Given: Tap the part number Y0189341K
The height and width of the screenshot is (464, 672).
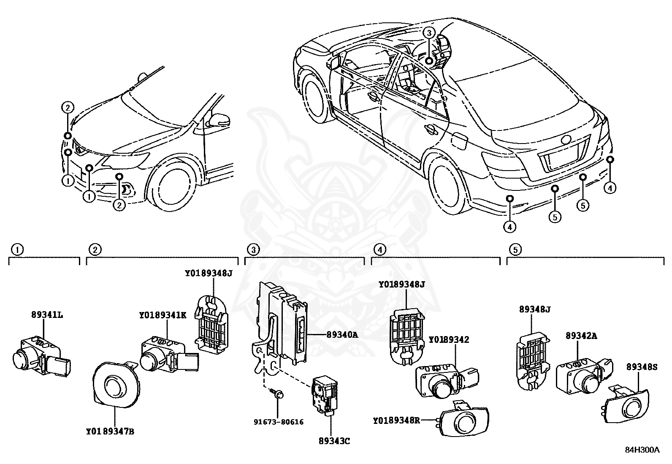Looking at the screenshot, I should click(163, 315).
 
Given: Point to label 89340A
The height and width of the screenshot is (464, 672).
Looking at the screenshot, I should click(342, 335).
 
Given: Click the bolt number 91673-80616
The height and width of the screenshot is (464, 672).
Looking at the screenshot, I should click(278, 422).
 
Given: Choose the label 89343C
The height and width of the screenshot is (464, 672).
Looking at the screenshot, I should click(335, 442).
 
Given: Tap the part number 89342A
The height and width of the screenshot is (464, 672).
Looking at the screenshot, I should click(581, 336).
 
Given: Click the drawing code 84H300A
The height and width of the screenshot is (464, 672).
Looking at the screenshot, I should click(642, 450).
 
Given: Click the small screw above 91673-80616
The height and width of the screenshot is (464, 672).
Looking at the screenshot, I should click(279, 394).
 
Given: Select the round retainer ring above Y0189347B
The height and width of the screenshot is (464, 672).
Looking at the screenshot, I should click(115, 384).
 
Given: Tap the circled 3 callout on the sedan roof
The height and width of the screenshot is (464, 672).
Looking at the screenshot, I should click(429, 33).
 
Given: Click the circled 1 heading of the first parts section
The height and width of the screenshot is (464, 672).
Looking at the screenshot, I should click(17, 250).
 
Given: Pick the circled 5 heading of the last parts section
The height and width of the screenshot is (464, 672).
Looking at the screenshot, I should click(515, 250).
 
